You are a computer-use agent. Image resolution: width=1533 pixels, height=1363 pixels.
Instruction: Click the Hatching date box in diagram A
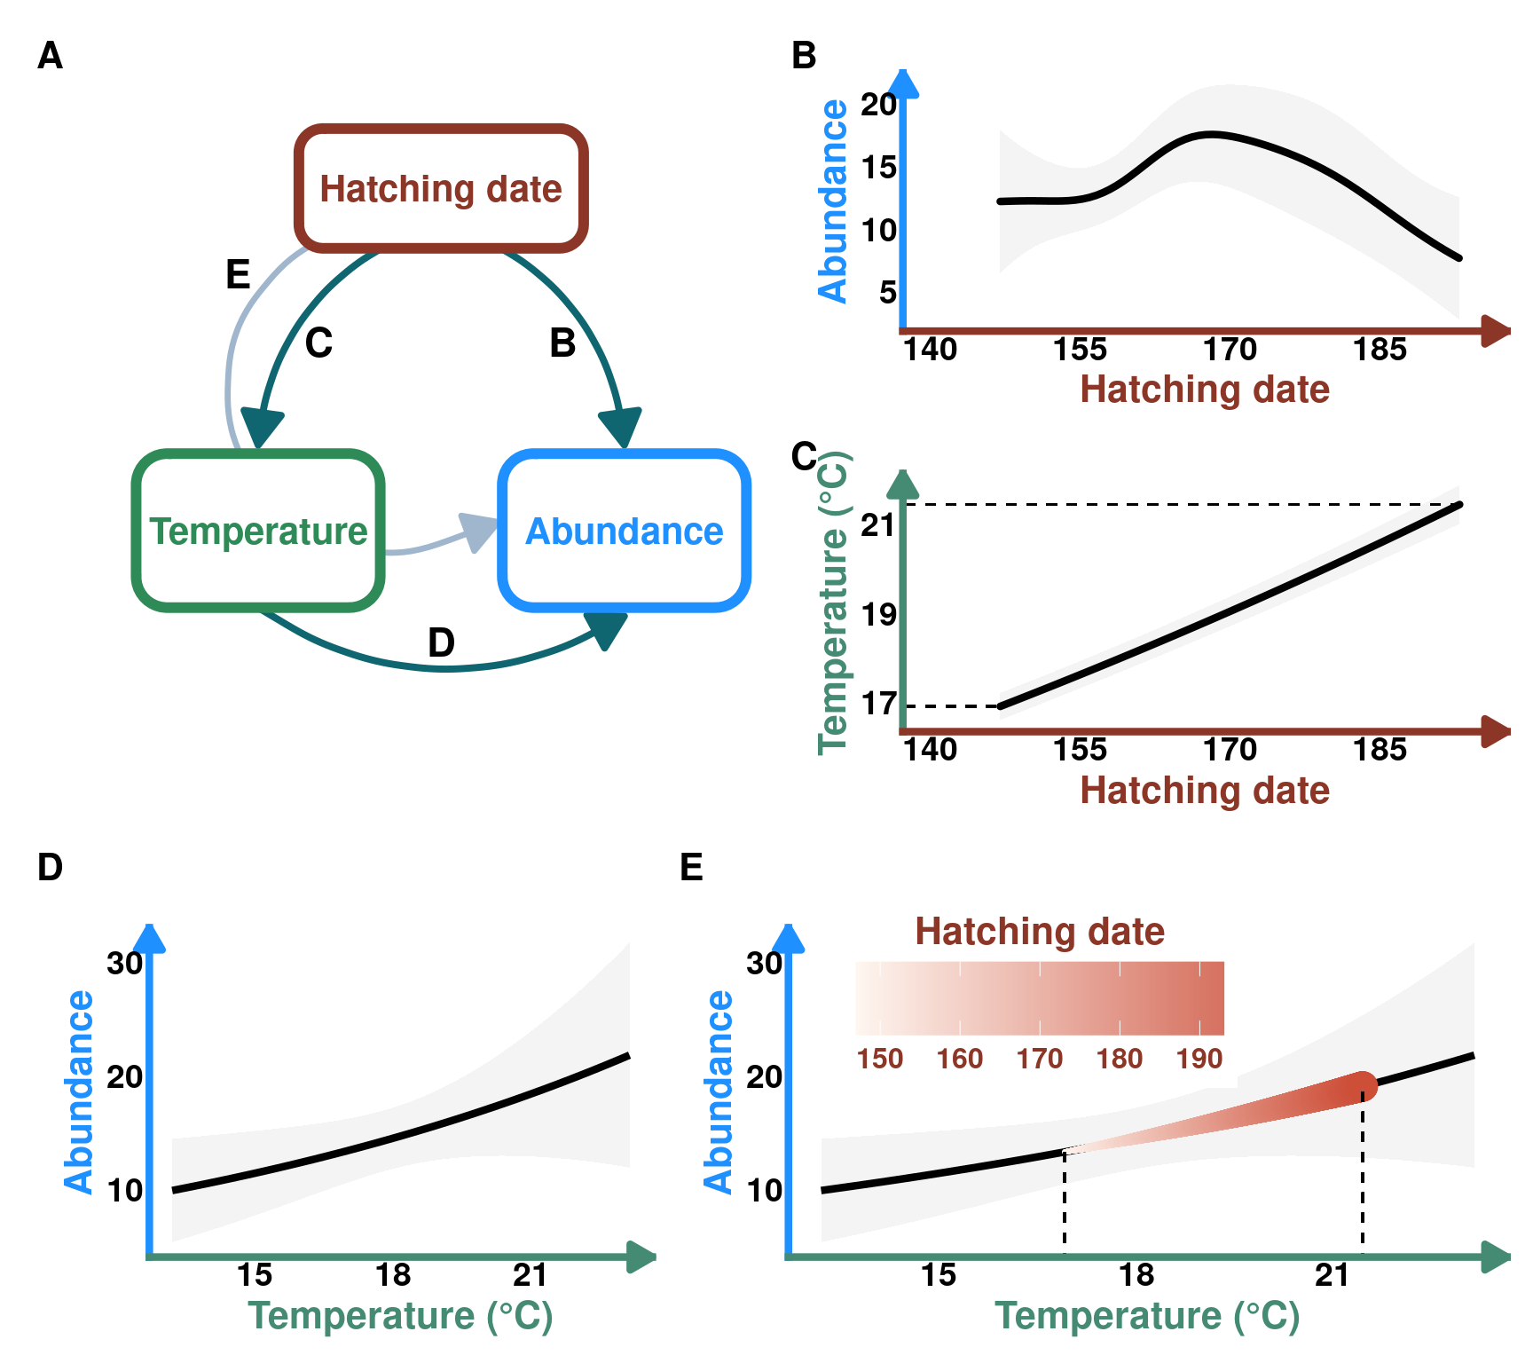coord(441,188)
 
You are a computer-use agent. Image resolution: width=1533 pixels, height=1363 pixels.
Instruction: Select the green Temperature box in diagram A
coord(258,531)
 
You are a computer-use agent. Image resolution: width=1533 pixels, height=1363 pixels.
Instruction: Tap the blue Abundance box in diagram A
coord(625,531)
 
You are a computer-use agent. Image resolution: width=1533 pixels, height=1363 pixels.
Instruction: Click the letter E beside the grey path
coord(238,274)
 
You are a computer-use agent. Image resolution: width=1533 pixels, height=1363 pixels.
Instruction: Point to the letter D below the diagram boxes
coord(441,642)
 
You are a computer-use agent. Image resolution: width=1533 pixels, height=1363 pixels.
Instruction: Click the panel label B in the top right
coord(804,56)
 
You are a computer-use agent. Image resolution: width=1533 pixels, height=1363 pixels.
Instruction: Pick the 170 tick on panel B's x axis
coord(1230,350)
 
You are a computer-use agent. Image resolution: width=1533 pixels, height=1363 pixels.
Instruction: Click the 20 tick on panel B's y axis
coord(878,105)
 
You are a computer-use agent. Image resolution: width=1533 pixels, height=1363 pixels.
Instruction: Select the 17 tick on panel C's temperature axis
coord(878,705)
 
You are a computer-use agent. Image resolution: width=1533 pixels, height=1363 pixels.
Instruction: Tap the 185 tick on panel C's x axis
coord(1380,750)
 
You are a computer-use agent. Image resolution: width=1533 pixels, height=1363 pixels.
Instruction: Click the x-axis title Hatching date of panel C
coord(1205,790)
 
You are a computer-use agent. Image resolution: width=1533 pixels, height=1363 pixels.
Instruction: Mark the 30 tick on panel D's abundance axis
coord(124,963)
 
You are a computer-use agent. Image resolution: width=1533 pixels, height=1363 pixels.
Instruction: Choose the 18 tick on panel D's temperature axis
coord(393,1275)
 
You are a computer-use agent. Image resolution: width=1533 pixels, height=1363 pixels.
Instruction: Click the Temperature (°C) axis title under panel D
coord(400,1316)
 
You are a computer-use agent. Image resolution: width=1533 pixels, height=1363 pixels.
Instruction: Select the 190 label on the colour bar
coord(1199,1059)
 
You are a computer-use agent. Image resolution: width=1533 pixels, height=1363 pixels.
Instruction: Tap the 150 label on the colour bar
coord(879,1059)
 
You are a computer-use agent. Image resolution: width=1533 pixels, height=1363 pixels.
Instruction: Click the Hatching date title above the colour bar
coord(1040,932)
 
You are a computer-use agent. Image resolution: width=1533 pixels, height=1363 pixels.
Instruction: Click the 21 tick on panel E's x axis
coord(1332,1275)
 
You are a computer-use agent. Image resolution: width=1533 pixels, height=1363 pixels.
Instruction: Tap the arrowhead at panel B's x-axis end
coord(1497,331)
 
